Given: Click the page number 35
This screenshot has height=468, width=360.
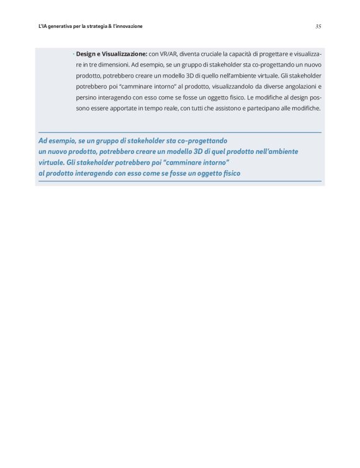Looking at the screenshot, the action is pos(318,26).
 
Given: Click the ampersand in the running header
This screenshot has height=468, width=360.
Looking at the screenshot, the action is pos(109,26).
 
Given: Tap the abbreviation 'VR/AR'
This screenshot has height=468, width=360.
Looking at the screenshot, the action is pos(168,54).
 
